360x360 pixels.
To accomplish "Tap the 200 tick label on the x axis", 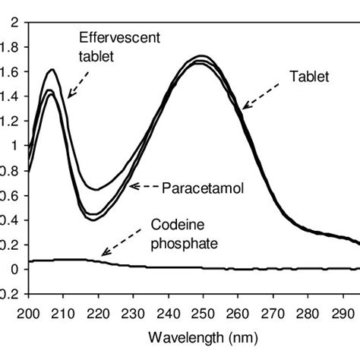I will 28,313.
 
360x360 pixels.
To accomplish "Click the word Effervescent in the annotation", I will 111,37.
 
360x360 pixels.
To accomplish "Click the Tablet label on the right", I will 305,77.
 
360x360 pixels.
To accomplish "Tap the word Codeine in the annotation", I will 172,226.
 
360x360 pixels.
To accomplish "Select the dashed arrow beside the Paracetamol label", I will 145,185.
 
